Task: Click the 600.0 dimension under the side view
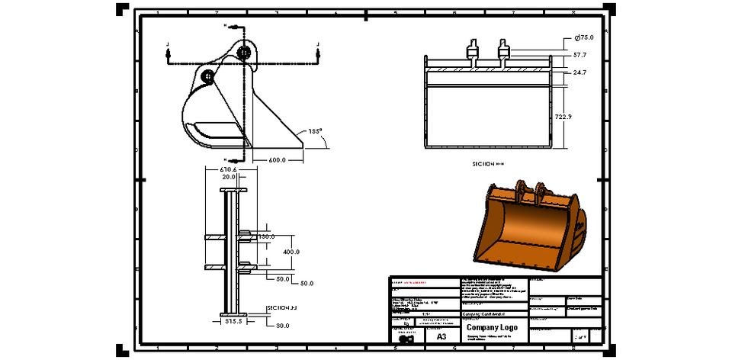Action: [x=277, y=159]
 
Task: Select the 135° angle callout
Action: [x=316, y=130]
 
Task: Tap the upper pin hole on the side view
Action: [x=243, y=52]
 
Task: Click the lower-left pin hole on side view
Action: [x=207, y=76]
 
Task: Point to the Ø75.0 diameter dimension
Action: [x=584, y=37]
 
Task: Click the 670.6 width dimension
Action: [x=228, y=169]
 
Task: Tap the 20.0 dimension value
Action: [x=228, y=177]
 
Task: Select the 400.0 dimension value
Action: [x=291, y=252]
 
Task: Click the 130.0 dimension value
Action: [x=266, y=236]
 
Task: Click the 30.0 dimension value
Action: [x=283, y=326]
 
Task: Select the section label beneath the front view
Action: [x=488, y=163]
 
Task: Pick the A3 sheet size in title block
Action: [x=441, y=336]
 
